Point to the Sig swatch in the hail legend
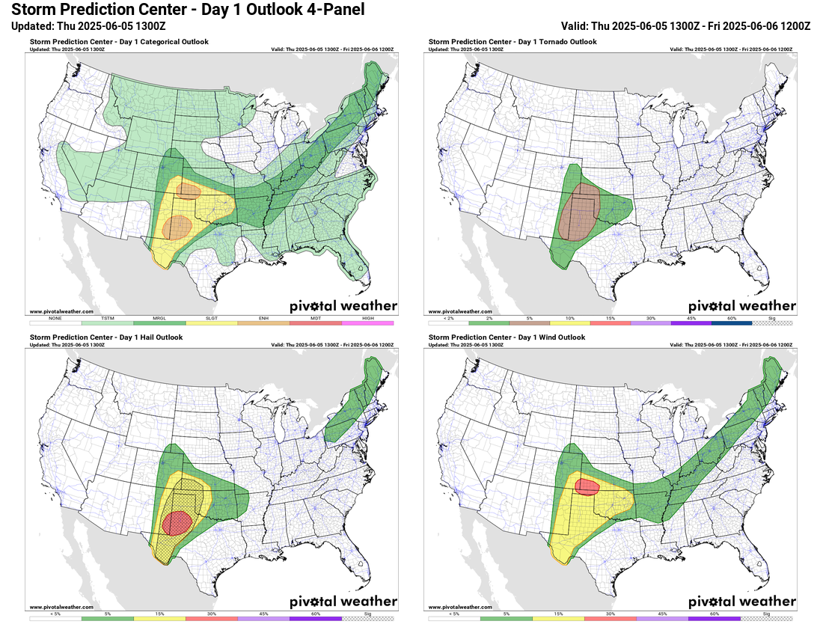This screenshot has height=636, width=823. point(367,618)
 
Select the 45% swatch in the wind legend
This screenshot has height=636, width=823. point(662,618)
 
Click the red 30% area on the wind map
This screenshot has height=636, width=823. point(587,487)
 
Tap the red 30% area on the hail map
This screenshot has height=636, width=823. point(178,522)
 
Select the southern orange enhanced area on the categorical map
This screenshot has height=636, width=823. point(177,226)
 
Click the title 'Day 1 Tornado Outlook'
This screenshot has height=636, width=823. point(513,42)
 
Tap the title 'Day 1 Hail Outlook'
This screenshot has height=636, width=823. point(106,337)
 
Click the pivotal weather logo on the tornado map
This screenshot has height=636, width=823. point(741,305)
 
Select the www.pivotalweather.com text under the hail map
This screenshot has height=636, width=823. point(61,607)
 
